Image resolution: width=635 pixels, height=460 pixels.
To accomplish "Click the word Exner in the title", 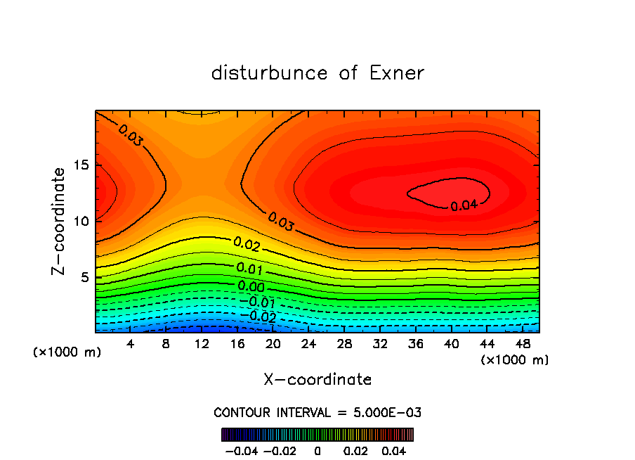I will (x=397, y=73).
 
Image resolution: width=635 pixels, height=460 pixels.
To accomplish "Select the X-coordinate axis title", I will (x=317, y=380).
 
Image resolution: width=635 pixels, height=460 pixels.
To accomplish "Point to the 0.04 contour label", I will (x=464, y=205).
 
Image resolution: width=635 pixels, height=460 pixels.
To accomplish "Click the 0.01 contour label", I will (x=250, y=268).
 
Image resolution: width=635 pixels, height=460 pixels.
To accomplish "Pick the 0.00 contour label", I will (x=251, y=286).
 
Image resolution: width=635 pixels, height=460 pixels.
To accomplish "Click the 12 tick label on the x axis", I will (x=202, y=345).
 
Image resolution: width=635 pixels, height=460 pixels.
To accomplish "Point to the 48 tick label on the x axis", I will (x=524, y=345).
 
